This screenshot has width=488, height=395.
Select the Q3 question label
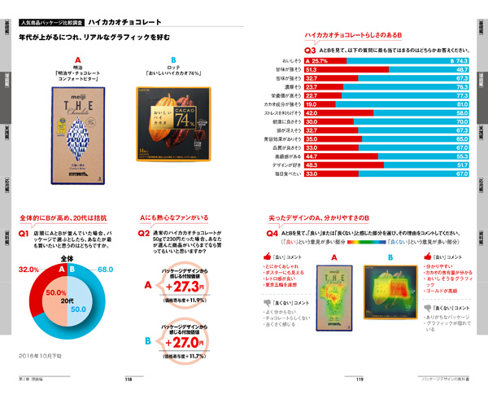tap(310, 49)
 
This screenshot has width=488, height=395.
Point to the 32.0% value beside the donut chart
tap(28, 268)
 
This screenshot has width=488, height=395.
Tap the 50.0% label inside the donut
tap(54, 292)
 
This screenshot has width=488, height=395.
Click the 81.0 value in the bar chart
tap(460, 104)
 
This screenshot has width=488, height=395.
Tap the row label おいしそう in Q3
tap(290, 61)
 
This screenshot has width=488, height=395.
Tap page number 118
tap(128, 379)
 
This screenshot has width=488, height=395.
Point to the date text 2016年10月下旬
tap(39, 356)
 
